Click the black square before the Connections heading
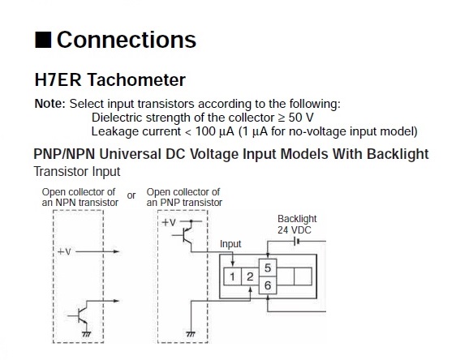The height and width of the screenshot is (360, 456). pos(43,40)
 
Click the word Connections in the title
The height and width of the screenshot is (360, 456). pos(127,40)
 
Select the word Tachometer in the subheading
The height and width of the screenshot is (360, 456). pos(136,79)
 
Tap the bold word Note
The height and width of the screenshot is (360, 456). pos(50,104)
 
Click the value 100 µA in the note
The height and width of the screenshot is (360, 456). pos(214,131)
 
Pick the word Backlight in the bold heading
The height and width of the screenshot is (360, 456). pos(398,154)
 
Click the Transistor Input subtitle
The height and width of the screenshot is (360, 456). pos(77,171)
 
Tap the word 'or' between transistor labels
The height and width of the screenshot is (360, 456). pos(131,195)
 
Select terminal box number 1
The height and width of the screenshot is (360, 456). pos(232,276)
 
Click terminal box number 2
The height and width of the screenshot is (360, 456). pos(250,276)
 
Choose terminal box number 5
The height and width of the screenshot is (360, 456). pos(268,268)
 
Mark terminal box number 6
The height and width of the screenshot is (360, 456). pos(268,285)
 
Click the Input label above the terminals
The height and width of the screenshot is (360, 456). pos(230,244)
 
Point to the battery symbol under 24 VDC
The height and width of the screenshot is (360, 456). pos(297,241)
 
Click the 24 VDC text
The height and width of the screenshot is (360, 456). pos(295,230)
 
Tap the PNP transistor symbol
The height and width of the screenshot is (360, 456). pos(184,235)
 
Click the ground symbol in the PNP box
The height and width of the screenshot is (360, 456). pos(191,334)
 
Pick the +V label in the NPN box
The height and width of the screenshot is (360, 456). pos(65,251)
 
